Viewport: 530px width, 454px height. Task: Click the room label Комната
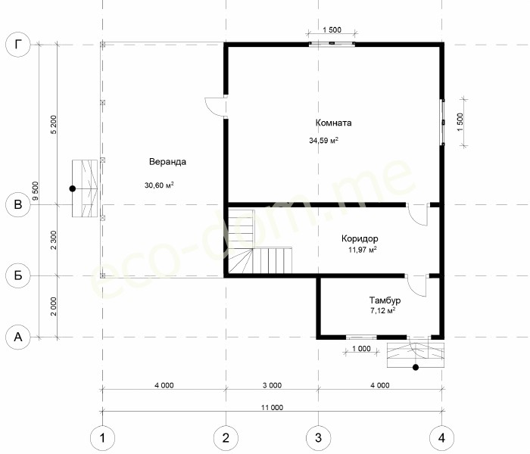(x=333, y=123)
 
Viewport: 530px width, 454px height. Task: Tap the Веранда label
(x=167, y=161)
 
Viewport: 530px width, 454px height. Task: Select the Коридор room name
(x=360, y=238)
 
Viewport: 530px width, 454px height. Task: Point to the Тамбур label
(x=385, y=300)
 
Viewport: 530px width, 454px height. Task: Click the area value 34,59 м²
(x=324, y=140)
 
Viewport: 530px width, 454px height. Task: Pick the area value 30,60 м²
(x=159, y=185)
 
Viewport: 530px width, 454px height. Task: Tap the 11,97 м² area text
(x=363, y=250)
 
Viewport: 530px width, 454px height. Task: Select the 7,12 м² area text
(x=382, y=311)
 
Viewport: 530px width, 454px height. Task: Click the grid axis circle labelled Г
(x=18, y=44)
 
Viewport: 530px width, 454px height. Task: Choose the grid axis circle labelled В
(x=18, y=204)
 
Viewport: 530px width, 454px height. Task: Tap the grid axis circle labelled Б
(x=18, y=275)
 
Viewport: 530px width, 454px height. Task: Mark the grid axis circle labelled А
(x=18, y=337)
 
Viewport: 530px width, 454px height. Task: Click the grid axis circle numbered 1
(x=102, y=438)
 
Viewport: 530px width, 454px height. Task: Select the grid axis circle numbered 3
(x=318, y=438)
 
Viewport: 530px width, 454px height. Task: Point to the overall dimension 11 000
(x=272, y=407)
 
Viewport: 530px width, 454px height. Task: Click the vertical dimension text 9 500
(x=36, y=191)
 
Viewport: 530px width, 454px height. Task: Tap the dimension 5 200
(x=54, y=125)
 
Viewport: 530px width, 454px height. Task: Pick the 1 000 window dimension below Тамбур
(x=361, y=348)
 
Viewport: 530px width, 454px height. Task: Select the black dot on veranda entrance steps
(x=73, y=188)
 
